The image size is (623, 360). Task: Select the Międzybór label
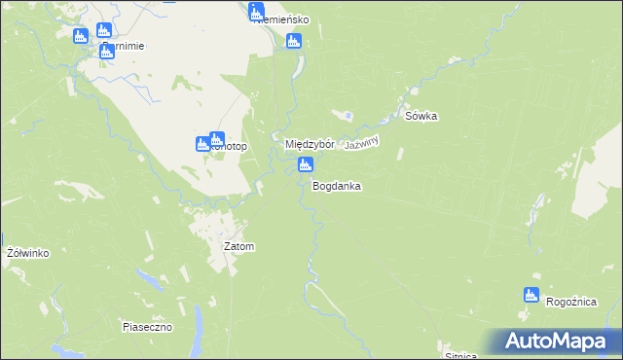(310, 144)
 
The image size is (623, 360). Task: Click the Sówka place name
(421, 117)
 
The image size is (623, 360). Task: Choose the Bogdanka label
(337, 185)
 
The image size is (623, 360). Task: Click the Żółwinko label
(27, 253)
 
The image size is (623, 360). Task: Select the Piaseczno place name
(147, 327)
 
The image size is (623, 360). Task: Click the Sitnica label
(459, 355)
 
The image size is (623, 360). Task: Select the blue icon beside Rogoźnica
(531, 295)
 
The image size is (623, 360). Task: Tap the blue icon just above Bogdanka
(305, 165)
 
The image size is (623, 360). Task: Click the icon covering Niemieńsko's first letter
(257, 13)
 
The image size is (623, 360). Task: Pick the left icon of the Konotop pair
(203, 145)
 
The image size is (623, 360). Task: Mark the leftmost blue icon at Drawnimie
(82, 36)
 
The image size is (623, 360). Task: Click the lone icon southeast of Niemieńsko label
(293, 41)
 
